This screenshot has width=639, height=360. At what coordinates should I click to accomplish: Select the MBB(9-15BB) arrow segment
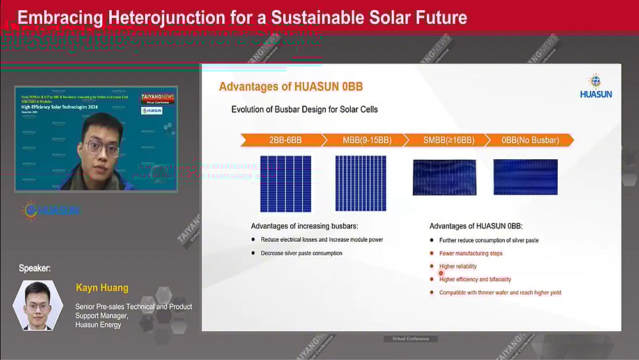(359, 140)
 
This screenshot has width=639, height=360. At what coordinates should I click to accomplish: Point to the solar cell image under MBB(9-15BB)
(360, 183)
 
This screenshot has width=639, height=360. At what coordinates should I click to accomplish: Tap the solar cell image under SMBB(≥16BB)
(445, 177)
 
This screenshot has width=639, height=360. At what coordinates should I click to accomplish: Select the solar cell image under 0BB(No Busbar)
(525, 177)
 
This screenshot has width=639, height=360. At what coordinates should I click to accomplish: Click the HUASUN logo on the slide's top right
(596, 86)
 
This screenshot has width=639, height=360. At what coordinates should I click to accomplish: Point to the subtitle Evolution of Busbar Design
(304, 109)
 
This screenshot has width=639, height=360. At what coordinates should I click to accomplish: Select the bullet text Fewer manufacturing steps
(470, 253)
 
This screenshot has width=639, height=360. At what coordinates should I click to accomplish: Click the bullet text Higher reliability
(458, 266)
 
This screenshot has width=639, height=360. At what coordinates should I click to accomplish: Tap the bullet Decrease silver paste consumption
(301, 253)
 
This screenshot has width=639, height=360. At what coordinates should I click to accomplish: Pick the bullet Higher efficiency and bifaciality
(475, 279)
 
